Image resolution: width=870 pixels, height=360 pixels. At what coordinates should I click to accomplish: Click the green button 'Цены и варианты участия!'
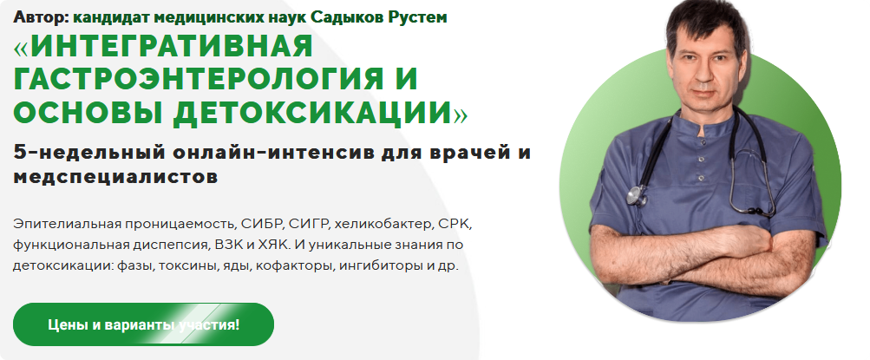pos(143,325)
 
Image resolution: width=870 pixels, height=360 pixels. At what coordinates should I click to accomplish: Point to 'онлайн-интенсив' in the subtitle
pos(252,154)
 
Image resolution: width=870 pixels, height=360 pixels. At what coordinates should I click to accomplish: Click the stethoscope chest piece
pos(638,196)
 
